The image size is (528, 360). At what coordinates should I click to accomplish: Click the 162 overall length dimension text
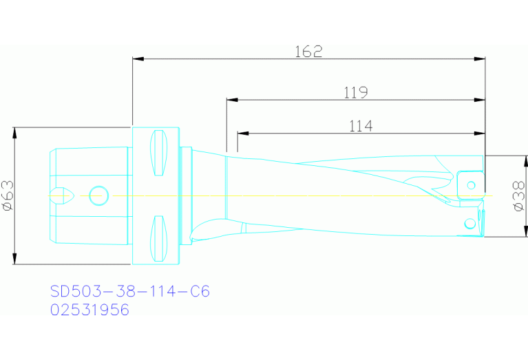(x=308, y=52)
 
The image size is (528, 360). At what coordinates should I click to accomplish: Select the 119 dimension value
(x=356, y=92)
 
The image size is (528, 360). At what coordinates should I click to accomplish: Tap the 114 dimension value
(x=360, y=126)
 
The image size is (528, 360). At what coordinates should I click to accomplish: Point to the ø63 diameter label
(x=6, y=195)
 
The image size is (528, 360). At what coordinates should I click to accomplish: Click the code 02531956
(x=90, y=310)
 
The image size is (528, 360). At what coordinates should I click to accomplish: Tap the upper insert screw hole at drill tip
(x=471, y=184)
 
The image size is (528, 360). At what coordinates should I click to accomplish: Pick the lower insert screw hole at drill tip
(x=469, y=223)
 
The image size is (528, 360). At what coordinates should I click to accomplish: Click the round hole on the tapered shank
(x=98, y=195)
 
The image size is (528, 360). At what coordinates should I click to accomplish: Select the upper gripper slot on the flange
(x=158, y=153)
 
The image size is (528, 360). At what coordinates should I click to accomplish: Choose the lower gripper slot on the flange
(x=158, y=238)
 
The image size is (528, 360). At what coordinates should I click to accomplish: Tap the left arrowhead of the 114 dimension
(x=242, y=134)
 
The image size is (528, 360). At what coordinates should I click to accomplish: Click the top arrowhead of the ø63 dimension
(x=14, y=131)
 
